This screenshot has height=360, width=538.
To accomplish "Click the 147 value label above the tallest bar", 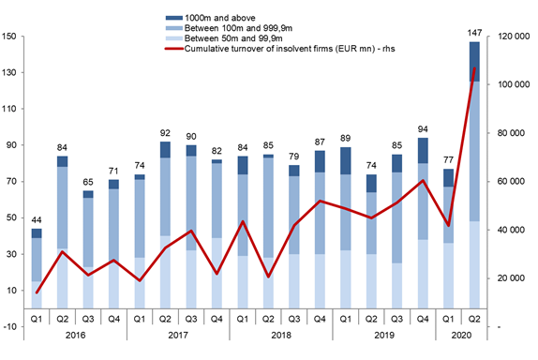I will point(474,33).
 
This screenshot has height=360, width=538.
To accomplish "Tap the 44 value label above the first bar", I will point(37,220).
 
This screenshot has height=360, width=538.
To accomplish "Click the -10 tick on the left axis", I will point(10,327).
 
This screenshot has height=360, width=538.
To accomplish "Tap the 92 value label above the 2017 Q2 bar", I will point(165,133).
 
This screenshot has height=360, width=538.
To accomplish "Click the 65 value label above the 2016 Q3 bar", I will point(88,182).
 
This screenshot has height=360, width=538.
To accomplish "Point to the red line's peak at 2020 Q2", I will point(474,68).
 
